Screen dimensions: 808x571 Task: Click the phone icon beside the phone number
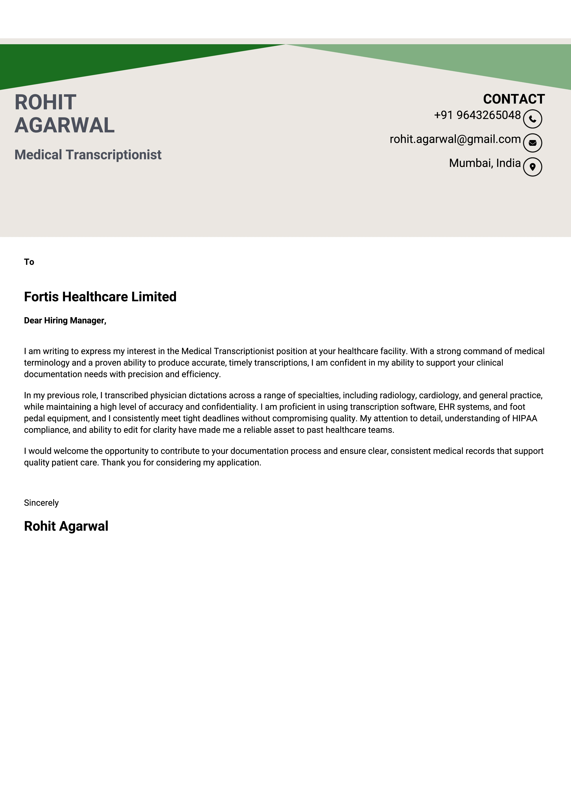point(532,119)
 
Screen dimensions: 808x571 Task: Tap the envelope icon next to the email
point(532,143)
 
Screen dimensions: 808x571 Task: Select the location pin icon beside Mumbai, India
point(532,167)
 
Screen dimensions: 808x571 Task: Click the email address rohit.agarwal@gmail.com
point(455,139)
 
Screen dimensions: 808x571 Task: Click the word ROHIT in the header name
point(45,102)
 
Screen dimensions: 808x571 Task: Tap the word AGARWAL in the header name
point(64,125)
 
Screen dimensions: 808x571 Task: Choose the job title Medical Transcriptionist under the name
point(88,155)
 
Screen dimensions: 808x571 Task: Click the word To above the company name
point(29,262)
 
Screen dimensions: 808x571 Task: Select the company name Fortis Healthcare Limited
point(100,297)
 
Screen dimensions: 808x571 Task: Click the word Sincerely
point(41,503)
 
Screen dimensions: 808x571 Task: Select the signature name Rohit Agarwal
point(66,526)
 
